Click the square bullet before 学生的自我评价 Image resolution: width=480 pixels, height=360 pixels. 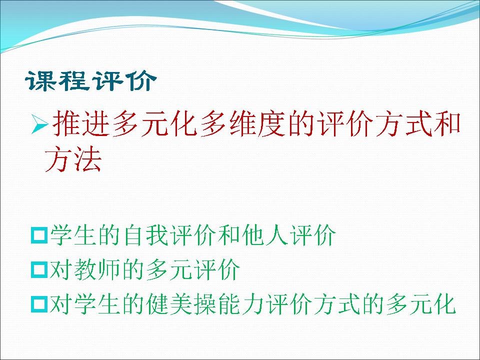click(x=39, y=235)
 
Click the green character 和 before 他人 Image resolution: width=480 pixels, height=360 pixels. click(x=229, y=235)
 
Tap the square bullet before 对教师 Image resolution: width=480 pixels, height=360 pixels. click(x=39, y=269)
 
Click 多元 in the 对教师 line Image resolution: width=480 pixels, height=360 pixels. click(x=169, y=269)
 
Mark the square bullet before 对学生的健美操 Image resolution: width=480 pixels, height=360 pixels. click(x=39, y=304)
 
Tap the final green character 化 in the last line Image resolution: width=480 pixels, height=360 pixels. click(x=445, y=304)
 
